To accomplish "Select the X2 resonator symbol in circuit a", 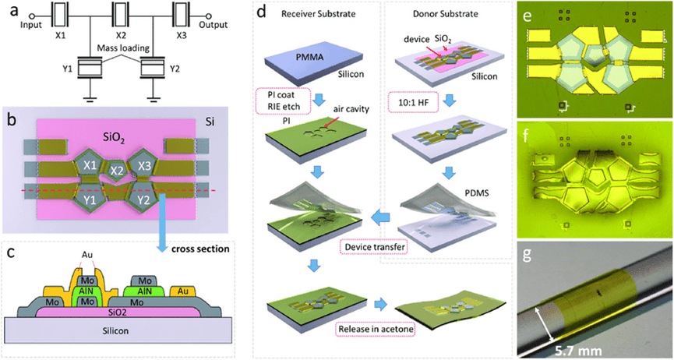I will click(x=121, y=14).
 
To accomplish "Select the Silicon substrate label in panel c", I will click(x=118, y=330).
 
